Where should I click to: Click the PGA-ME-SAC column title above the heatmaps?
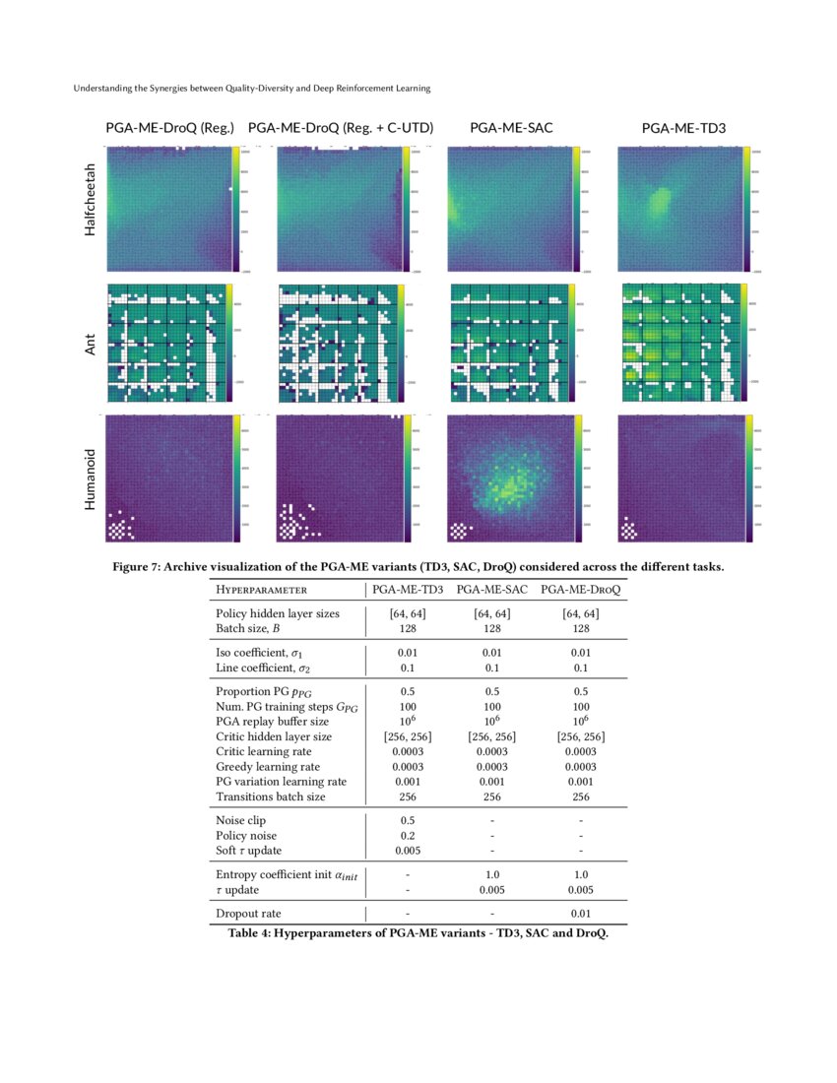[511, 128]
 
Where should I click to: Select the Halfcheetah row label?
[90, 199]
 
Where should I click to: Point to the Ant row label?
[90, 344]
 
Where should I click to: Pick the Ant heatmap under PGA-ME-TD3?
[679, 343]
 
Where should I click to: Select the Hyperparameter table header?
[261, 590]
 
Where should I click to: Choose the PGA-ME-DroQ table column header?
[581, 590]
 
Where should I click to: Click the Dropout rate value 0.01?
[581, 914]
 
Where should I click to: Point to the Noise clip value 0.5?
[407, 819]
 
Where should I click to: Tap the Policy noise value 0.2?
[407, 835]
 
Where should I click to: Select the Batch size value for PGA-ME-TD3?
[407, 628]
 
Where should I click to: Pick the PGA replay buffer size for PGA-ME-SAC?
[491, 721]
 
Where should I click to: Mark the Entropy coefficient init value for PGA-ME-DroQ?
[581, 874]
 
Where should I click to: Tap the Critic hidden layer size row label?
[274, 736]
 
